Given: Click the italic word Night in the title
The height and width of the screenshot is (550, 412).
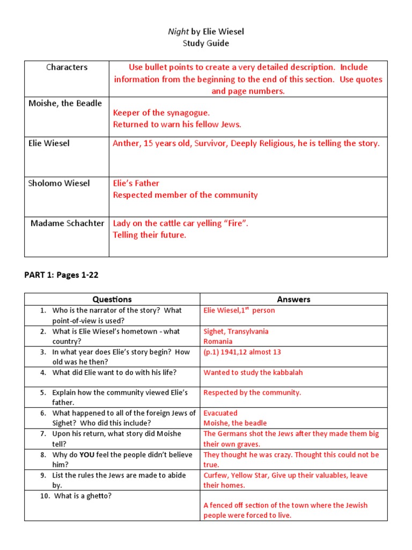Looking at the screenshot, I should [179, 32].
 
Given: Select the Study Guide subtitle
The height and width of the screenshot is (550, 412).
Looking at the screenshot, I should [206, 44].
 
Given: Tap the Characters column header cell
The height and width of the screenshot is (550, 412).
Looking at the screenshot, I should [67, 67].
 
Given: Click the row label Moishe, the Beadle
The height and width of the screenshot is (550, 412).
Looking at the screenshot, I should [65, 103].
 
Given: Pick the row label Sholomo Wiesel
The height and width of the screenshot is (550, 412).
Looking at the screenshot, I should [59, 183].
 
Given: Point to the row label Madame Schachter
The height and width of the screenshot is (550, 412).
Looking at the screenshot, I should [68, 223].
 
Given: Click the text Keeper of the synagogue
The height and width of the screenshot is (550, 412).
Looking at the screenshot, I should [161, 113].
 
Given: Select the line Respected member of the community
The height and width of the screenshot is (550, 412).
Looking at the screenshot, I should [185, 195].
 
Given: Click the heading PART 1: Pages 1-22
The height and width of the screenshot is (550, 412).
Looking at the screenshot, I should [61, 275].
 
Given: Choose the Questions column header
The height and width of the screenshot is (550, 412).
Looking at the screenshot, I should [112, 299].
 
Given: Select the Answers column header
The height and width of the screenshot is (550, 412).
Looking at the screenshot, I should [293, 299].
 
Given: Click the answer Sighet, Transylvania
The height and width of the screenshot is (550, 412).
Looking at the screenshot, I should [236, 331].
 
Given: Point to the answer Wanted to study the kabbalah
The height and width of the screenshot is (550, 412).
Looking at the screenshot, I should [253, 372].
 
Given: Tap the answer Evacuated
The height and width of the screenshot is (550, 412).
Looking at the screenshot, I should [220, 413].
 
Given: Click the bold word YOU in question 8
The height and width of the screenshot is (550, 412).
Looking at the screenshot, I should [89, 454].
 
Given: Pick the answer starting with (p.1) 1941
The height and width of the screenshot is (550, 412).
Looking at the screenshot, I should [242, 352].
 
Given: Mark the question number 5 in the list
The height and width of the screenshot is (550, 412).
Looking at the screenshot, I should [43, 393].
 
